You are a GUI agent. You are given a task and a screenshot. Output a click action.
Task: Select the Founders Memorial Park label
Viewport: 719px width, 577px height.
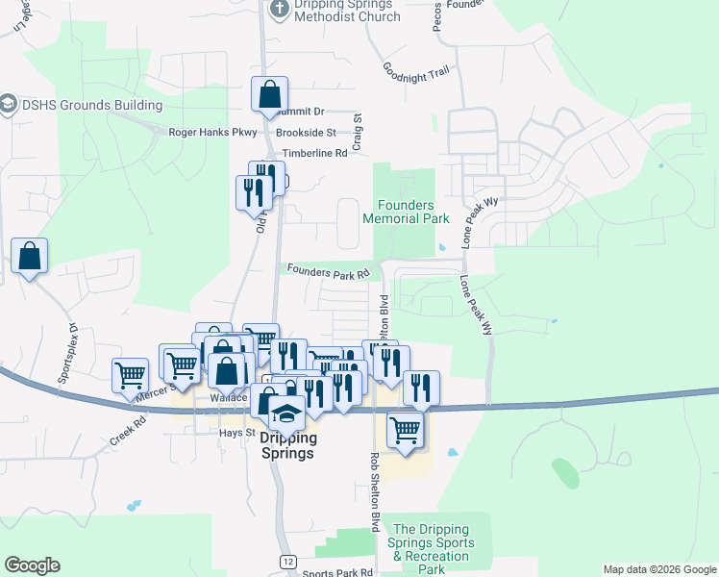point(406,212)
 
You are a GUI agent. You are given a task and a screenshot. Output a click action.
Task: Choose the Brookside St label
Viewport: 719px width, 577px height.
point(305,133)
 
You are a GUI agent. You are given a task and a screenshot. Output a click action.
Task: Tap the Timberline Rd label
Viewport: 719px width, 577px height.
point(313,153)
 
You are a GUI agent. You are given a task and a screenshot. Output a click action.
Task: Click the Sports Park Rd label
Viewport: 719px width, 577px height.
point(336,573)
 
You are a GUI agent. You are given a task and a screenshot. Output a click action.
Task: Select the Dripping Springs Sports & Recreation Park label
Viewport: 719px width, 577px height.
point(432,549)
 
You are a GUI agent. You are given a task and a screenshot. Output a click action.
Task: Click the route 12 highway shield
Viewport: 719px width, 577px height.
point(287,561)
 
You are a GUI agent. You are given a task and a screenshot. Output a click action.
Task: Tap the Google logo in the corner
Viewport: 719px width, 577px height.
point(32,565)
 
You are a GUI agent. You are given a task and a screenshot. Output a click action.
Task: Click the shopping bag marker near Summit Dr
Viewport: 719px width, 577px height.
point(270,95)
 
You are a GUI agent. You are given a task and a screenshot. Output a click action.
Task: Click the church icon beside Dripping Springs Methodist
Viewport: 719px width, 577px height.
point(279,9)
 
